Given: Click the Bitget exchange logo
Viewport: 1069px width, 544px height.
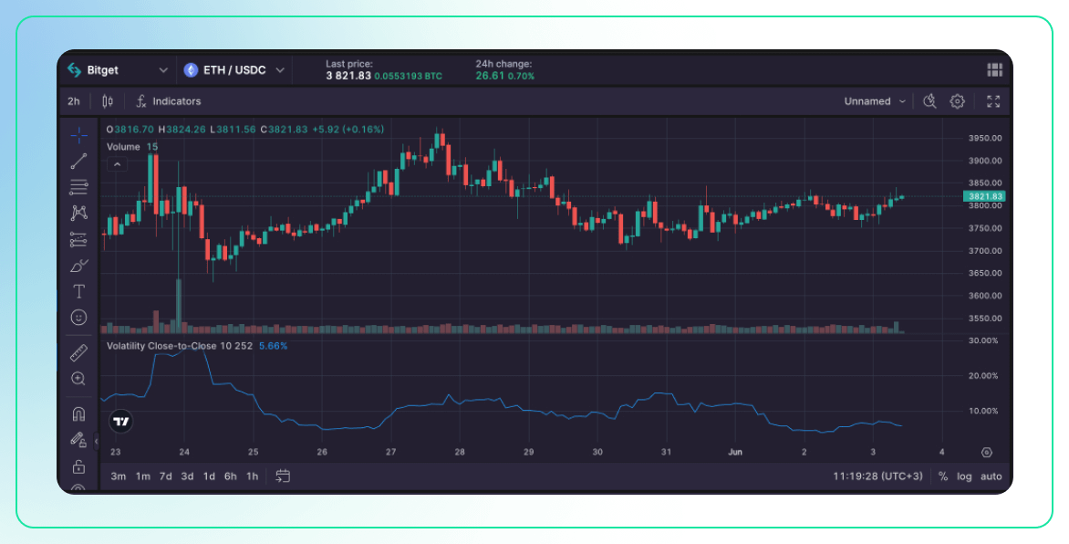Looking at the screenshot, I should point(75,70).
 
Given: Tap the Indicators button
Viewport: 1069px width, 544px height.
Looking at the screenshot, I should point(176,101).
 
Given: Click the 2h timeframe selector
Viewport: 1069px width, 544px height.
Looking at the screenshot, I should point(74,101).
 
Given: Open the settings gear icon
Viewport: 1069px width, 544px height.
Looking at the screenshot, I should point(957,101).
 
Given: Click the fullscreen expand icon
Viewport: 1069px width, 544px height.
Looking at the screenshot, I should point(993,101).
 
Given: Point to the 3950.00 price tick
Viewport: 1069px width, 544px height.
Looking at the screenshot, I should point(985,138).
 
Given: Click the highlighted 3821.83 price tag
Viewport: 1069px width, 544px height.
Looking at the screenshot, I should point(985,196).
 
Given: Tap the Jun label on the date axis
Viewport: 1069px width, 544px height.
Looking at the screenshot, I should point(735,452).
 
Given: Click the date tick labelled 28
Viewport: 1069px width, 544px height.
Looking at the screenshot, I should point(460,452).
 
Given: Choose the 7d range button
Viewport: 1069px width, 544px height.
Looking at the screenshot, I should point(165,476).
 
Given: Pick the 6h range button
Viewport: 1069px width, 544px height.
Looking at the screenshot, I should point(231,476).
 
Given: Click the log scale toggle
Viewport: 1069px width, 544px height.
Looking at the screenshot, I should point(964,476).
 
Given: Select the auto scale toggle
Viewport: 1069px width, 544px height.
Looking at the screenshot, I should point(991,476).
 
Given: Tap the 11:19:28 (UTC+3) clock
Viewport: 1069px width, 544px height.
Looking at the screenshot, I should point(877,476).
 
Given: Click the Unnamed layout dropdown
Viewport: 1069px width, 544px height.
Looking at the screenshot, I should point(875,101).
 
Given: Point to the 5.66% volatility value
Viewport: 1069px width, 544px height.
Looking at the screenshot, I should point(273,346).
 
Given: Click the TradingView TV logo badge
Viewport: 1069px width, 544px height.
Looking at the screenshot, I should point(120,421).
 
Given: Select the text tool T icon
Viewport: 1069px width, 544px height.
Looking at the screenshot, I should point(79,291).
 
